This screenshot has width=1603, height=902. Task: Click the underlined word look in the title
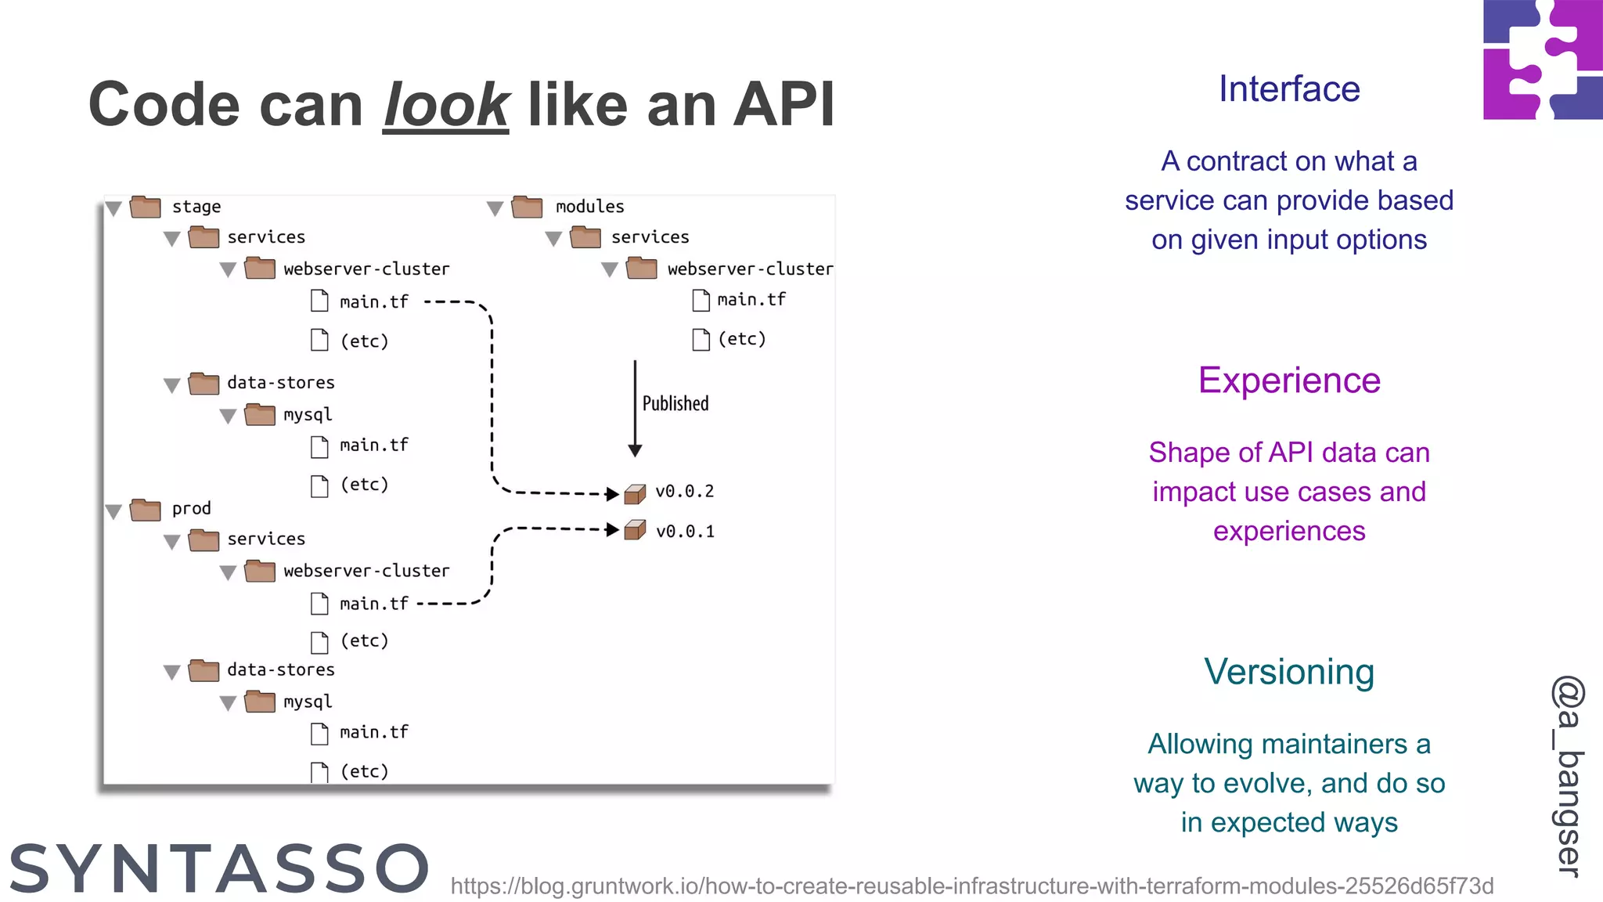(x=446, y=105)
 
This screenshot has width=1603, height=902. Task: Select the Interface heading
(x=1288, y=89)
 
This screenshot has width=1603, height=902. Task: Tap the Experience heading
(x=1288, y=381)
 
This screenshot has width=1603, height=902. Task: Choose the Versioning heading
(x=1288, y=672)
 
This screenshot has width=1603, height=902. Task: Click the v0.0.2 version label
(x=684, y=492)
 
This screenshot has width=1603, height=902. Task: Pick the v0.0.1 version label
(x=684, y=532)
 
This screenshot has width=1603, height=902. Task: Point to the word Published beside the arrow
(x=675, y=403)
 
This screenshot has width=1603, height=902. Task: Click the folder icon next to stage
(x=146, y=207)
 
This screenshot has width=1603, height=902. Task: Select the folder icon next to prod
(x=146, y=510)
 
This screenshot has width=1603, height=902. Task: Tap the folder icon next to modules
(x=527, y=207)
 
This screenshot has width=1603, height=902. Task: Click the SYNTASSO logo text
(x=219, y=869)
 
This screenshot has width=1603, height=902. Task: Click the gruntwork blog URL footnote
(x=971, y=886)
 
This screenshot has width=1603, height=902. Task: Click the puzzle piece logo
(x=1542, y=60)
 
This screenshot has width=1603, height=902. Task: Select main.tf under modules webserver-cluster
(x=751, y=300)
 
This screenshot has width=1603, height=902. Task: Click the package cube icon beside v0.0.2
(x=635, y=493)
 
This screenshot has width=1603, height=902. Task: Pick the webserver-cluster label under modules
(x=749, y=269)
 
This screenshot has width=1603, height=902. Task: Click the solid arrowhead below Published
(x=635, y=450)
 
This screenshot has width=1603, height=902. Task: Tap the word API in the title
(x=783, y=105)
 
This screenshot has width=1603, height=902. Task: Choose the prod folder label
(x=191, y=509)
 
